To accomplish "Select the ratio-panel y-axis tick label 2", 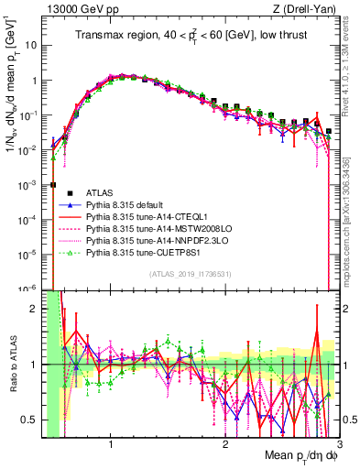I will [x=36, y=309].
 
